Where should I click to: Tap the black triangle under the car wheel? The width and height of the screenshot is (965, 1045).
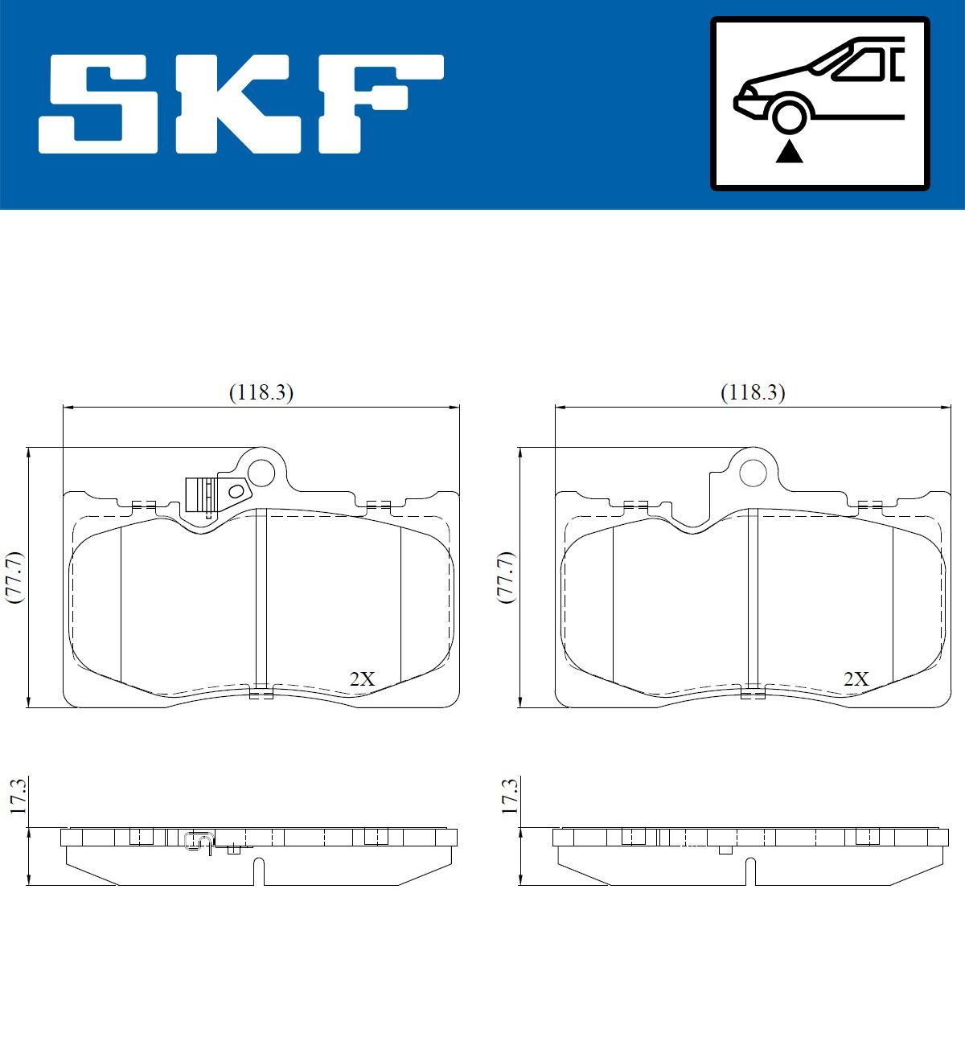tap(790, 151)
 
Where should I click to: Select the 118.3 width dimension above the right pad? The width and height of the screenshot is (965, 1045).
tap(753, 392)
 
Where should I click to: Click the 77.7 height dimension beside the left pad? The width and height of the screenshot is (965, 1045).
tap(14, 577)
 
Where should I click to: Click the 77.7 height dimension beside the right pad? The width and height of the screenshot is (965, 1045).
tap(506, 577)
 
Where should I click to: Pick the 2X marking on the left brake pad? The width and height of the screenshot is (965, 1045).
tap(363, 678)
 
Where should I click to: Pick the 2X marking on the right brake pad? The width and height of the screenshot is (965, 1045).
tap(856, 678)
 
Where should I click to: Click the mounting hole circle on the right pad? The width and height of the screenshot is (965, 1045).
tap(753, 472)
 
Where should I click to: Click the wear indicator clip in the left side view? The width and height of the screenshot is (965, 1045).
tap(199, 841)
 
